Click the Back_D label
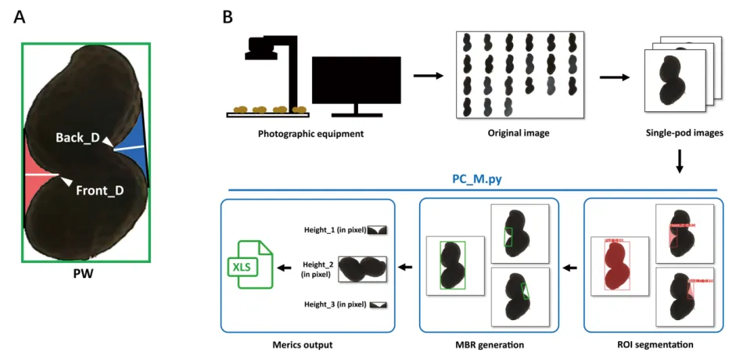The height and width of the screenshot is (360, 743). click(77, 138)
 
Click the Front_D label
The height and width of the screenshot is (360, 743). click(99, 190)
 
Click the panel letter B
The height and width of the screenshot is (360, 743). click(228, 16)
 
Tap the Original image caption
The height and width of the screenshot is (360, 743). click(519, 133)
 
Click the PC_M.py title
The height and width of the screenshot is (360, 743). click(476, 178)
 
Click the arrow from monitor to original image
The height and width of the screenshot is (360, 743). click(428, 76)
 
